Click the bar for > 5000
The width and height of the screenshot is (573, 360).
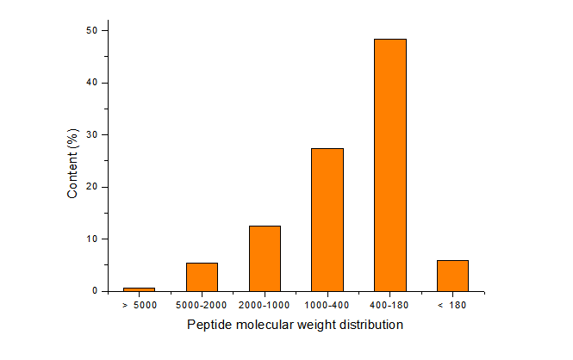click(x=140, y=289)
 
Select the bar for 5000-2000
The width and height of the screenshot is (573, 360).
click(x=202, y=276)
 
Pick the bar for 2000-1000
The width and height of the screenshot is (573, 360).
click(x=265, y=258)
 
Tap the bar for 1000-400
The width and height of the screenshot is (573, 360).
click(x=327, y=220)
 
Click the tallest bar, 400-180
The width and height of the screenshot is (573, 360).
click(x=390, y=164)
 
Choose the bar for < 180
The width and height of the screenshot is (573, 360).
click(x=452, y=276)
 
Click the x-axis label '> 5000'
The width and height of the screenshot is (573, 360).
click(x=140, y=305)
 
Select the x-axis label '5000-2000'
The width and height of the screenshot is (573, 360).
click(x=202, y=305)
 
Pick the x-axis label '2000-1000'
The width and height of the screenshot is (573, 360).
click(x=265, y=305)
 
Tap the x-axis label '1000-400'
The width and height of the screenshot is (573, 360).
click(x=327, y=305)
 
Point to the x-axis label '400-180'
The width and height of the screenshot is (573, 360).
click(x=390, y=305)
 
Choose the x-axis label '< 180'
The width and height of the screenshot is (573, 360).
click(x=452, y=305)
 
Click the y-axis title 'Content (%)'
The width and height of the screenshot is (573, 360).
click(x=73, y=163)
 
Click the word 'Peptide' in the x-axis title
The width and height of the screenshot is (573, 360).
click(x=209, y=325)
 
